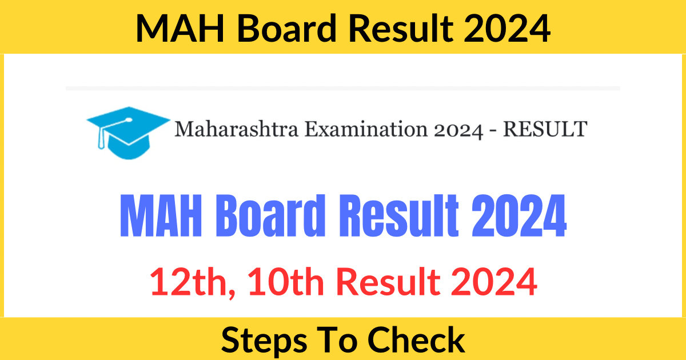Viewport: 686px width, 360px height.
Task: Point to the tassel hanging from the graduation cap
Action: [103, 141]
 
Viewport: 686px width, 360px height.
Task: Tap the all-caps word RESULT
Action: [544, 129]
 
